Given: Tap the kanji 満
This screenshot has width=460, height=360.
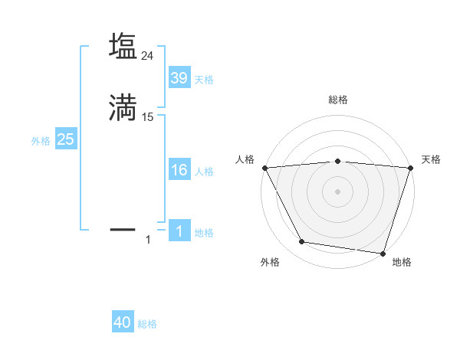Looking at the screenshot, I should (123, 108).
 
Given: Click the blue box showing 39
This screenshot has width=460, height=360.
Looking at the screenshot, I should (179, 78).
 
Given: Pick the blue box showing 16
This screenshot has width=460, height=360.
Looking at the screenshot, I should (179, 170).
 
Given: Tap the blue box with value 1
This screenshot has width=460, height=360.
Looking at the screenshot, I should (179, 231).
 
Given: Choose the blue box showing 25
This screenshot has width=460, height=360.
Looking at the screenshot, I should (65, 139).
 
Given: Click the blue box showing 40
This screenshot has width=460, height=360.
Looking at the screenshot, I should (123, 322).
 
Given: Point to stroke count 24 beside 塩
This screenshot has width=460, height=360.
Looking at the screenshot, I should (148, 56).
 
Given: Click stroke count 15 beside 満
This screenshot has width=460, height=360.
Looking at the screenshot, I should (148, 117).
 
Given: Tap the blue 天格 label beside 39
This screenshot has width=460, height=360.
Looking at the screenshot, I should (204, 80).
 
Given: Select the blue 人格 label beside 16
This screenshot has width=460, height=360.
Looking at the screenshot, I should (204, 172).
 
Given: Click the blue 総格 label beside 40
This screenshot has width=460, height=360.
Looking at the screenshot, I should (148, 324).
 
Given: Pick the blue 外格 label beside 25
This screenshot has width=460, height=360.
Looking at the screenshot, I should (41, 141).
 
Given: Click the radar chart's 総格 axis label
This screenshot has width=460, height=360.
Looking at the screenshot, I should (337, 100).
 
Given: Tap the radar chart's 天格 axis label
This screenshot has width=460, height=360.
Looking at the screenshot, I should (431, 159).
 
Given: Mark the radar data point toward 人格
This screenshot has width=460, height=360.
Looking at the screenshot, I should (264, 167).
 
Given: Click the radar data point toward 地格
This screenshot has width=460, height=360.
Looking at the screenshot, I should (383, 254).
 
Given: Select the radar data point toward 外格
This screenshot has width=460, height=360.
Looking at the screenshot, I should (302, 242).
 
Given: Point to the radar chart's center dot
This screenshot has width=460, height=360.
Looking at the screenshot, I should (337, 191).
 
